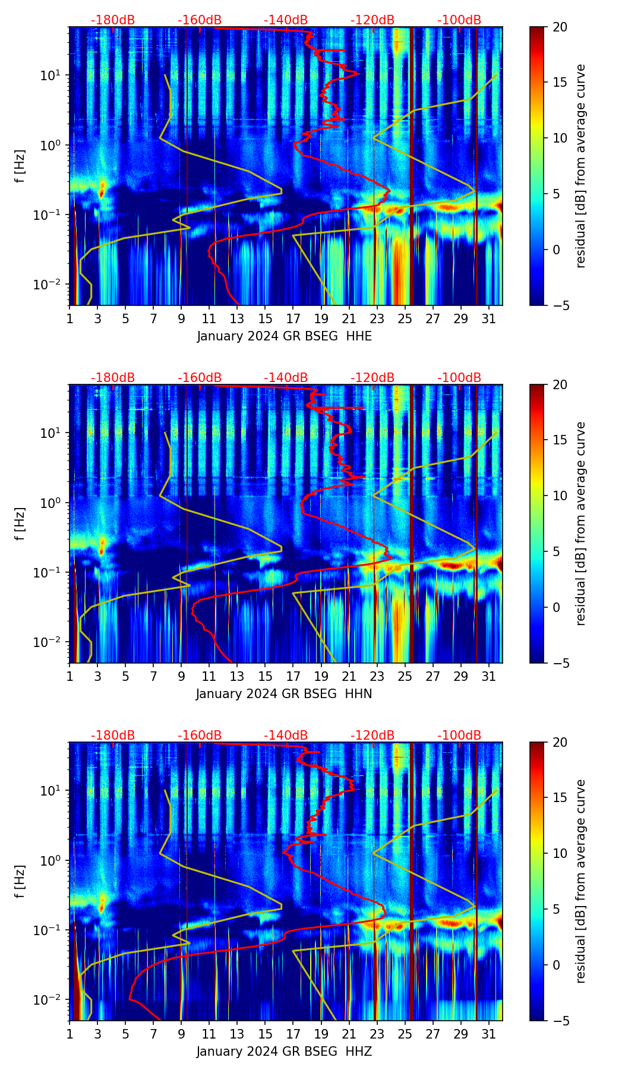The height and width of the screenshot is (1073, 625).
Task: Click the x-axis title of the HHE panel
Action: coord(285,336)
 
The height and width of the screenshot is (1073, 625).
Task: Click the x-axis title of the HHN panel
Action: coord(284,694)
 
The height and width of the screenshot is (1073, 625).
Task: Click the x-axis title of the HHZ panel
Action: coord(284,1052)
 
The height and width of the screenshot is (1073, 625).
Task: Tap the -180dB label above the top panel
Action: coord(113,20)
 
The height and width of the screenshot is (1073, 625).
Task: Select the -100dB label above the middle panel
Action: coord(459,378)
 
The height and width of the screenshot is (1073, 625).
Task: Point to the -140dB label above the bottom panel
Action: coord(286,736)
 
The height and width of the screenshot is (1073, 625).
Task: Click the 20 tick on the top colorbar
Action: coord(560,27)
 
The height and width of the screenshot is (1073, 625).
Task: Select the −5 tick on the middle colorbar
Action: coord(560,663)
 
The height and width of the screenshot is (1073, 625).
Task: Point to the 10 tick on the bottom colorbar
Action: coord(560,853)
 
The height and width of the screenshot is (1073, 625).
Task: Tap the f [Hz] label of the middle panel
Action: coord(20,523)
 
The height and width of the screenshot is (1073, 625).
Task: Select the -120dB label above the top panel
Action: coord(373,20)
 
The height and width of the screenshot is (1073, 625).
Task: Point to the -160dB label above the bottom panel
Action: coord(200,736)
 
